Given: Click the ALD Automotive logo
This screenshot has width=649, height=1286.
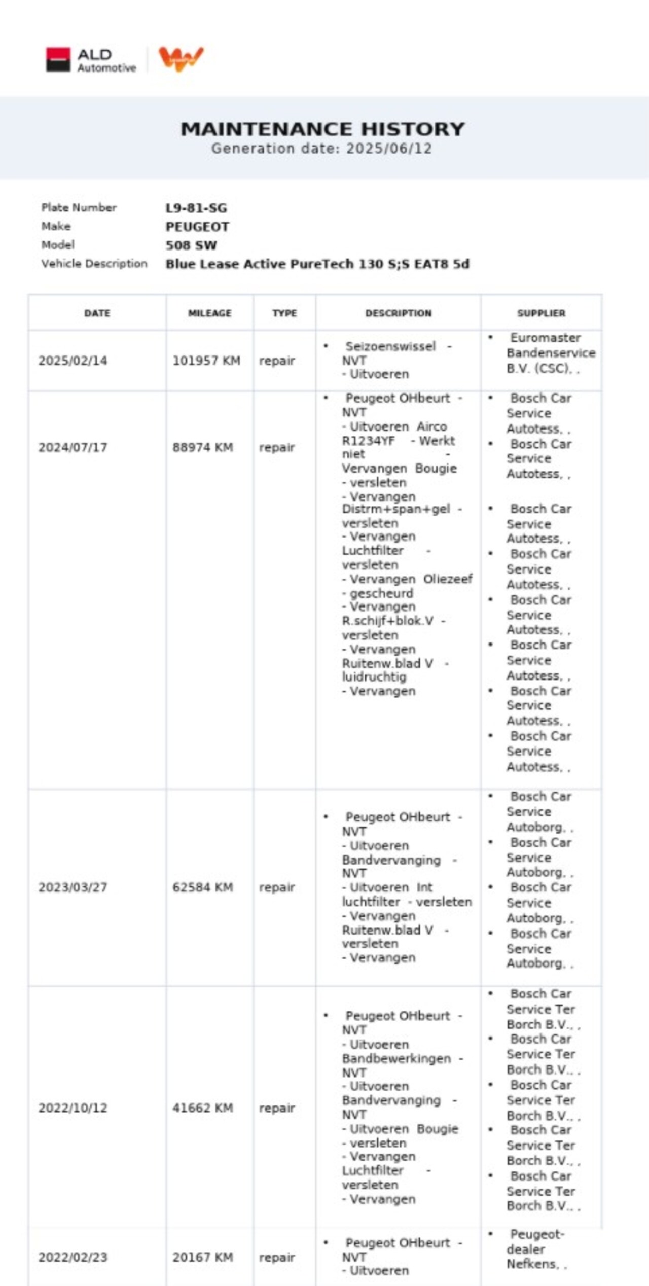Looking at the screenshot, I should click(91, 60).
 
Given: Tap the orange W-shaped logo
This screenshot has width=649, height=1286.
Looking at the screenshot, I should click(181, 59).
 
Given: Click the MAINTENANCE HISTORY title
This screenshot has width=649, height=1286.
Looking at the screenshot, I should click(322, 129).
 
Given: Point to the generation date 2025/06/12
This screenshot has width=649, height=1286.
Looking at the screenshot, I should click(389, 149).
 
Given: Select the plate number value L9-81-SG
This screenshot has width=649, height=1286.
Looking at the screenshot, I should click(196, 208).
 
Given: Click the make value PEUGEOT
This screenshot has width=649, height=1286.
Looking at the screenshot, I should click(197, 227).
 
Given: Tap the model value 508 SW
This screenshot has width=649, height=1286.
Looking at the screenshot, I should click(191, 245).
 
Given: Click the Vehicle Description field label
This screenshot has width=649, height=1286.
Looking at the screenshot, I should click(94, 264).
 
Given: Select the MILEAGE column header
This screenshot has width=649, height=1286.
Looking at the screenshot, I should click(209, 313).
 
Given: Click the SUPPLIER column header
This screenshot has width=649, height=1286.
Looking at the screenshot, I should click(541, 313).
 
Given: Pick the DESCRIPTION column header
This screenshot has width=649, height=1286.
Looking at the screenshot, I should click(398, 313).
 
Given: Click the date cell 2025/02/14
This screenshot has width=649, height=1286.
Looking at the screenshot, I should click(73, 361).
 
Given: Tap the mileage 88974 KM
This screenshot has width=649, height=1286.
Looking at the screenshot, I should click(203, 447).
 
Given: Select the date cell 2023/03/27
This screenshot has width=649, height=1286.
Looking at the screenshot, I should click(73, 887).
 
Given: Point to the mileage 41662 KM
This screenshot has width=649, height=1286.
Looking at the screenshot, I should click(203, 1108).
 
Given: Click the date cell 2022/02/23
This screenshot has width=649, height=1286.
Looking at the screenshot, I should click(73, 1257).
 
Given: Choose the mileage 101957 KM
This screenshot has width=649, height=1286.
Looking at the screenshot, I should click(206, 361).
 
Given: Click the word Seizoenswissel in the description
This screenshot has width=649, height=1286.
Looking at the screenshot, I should click(390, 346).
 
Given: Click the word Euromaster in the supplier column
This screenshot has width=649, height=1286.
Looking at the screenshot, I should click(546, 338).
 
